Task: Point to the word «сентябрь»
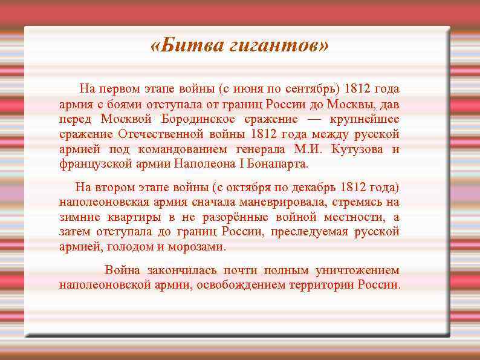click(308, 89)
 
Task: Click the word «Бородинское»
click(194, 119)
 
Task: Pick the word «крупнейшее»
click(362, 119)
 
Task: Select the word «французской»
click(91, 164)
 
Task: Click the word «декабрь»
click(313, 187)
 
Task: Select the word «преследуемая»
click(308, 232)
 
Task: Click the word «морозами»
click(199, 247)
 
